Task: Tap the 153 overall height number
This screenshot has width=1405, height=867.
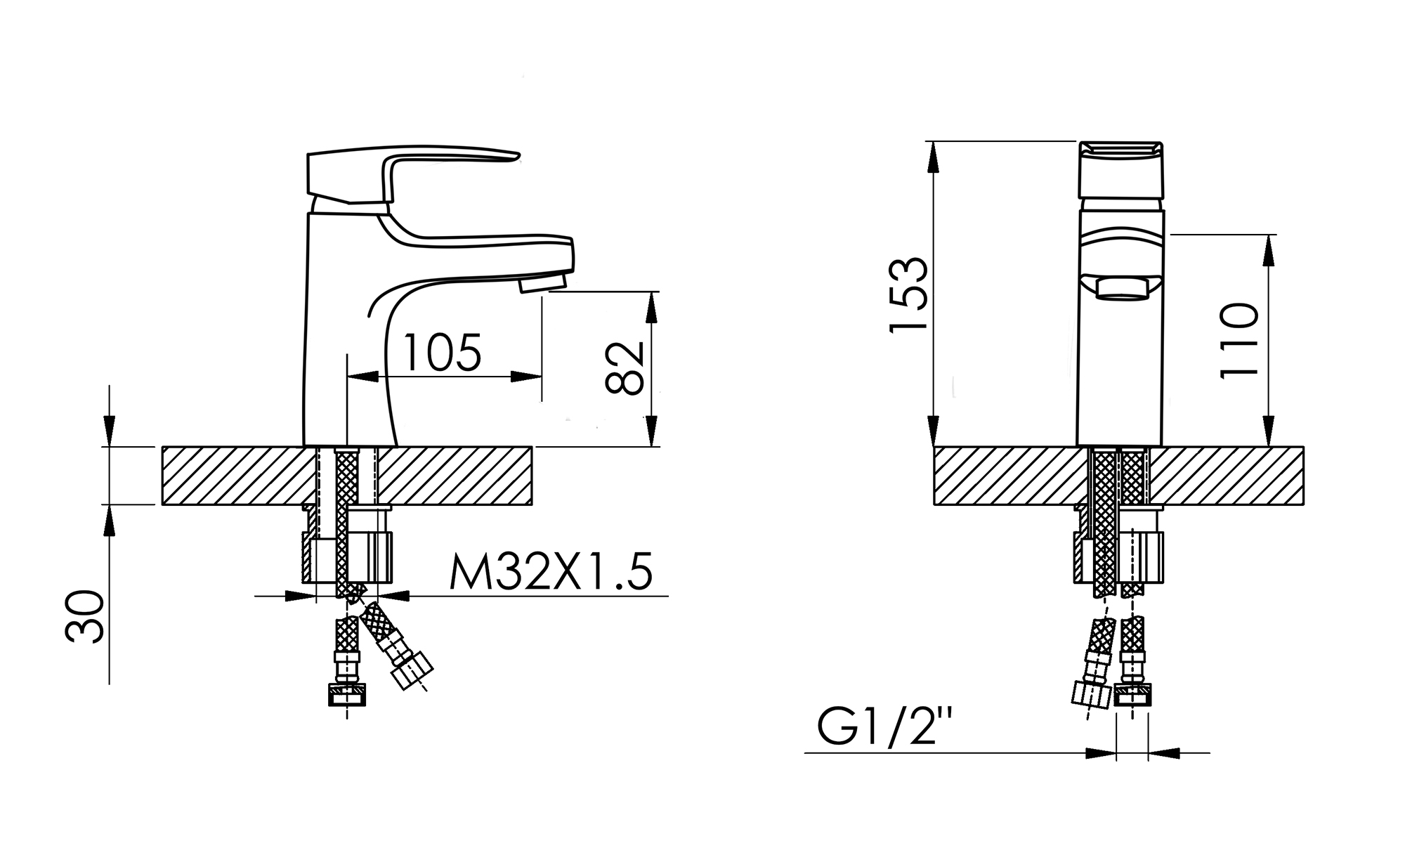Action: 908,294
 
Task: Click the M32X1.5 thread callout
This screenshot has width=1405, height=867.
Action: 551,572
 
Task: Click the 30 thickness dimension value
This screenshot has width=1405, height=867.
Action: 84,617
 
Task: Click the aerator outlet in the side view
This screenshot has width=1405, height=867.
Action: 542,282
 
